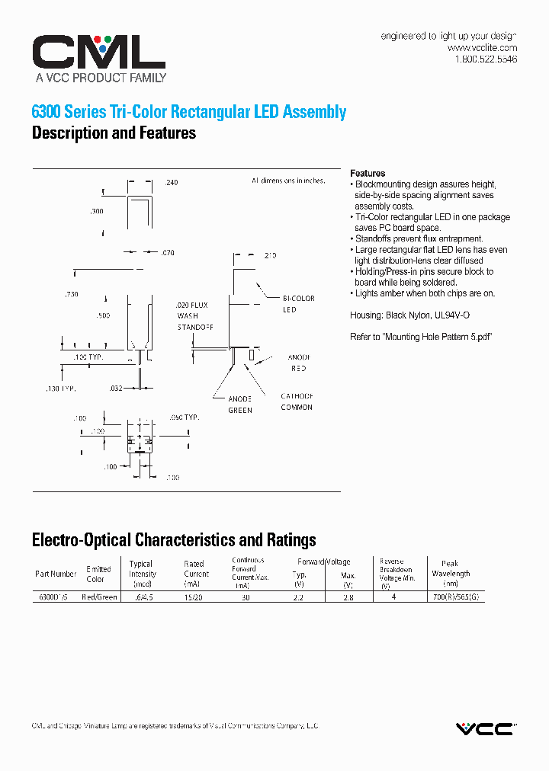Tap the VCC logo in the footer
(x=486, y=729)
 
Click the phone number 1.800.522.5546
(x=486, y=59)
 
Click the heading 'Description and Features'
(x=114, y=133)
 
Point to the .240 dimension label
(x=172, y=183)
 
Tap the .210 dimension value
(x=270, y=256)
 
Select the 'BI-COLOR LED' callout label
(x=298, y=304)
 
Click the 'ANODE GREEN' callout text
(x=240, y=405)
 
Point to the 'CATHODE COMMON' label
(x=297, y=401)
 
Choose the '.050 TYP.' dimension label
(x=182, y=417)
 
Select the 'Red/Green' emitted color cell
(x=99, y=597)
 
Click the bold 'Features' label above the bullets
(x=368, y=174)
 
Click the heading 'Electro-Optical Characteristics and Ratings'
(x=174, y=541)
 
